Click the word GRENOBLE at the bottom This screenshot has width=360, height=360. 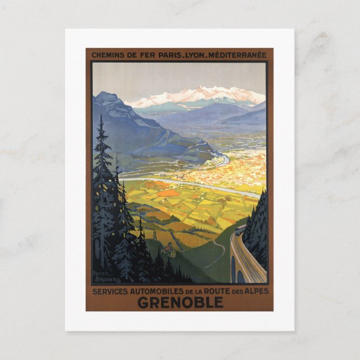click(x=180, y=302)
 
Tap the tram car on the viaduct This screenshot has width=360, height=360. click(x=240, y=230)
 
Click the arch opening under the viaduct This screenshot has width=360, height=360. click(x=241, y=274)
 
